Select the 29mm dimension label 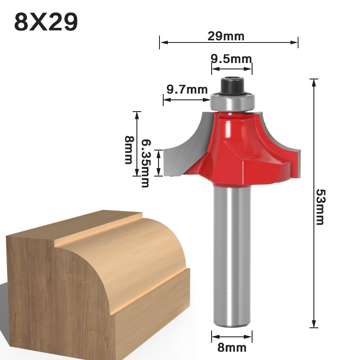click(226, 36)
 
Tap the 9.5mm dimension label click(231, 58)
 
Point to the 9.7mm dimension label click(187, 89)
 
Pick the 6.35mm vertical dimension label click(145, 163)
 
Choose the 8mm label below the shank click(232, 348)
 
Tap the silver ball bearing click(232, 101)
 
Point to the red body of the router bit click(238, 151)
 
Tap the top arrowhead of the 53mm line click(314, 82)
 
